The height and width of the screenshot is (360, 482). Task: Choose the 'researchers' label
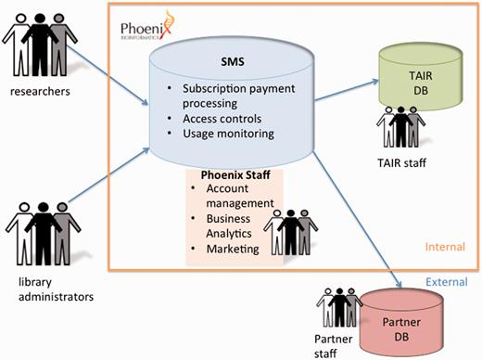38,91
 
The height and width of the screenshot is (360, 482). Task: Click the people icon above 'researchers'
38,43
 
